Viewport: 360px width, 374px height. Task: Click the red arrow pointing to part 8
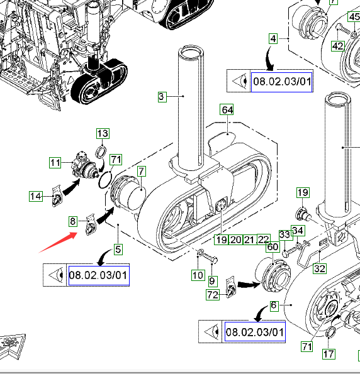[x=58, y=242]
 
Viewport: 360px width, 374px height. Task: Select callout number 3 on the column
[x=162, y=97]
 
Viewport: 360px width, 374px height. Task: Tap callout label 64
[x=227, y=110]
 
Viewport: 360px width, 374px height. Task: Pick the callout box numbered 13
[x=103, y=133]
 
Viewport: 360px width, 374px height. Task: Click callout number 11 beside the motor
[x=55, y=163]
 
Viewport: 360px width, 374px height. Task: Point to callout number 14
[x=36, y=196]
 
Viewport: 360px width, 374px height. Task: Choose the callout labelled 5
[x=118, y=250]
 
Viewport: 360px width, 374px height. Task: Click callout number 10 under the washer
[x=198, y=275]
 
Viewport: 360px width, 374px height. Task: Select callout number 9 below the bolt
[x=212, y=281]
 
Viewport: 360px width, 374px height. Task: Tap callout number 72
[x=213, y=295]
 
